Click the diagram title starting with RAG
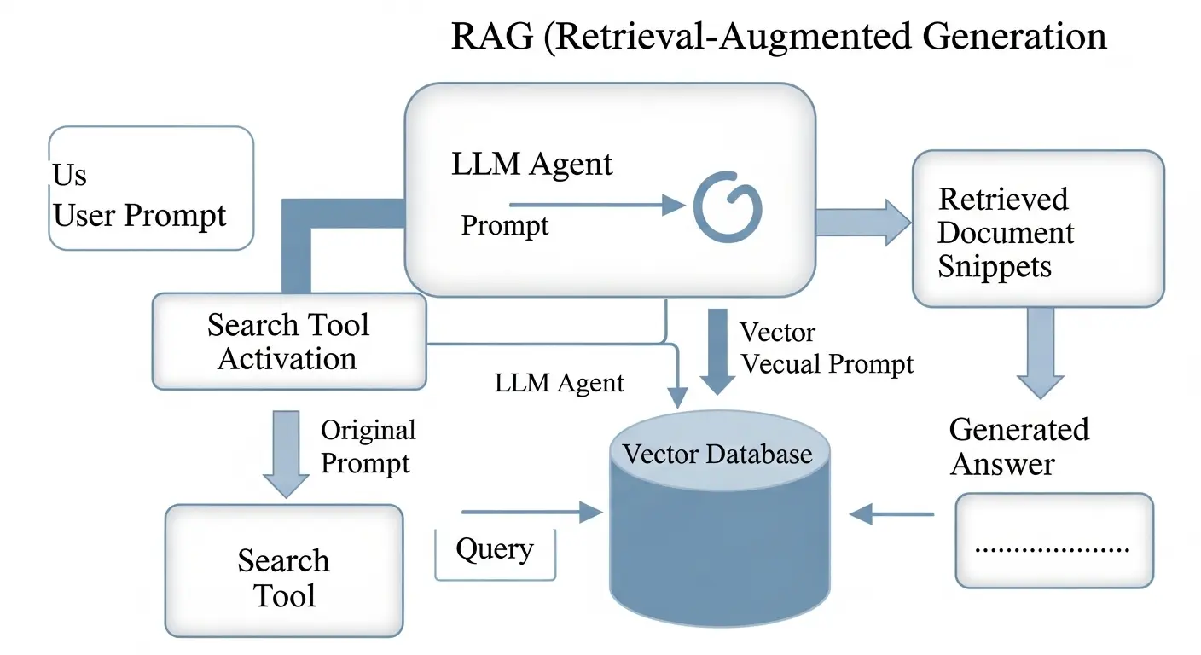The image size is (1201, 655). click(x=778, y=38)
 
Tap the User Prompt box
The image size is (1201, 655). click(x=151, y=188)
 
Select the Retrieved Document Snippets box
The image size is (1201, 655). click(x=1037, y=229)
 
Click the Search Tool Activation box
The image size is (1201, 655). click(x=288, y=341)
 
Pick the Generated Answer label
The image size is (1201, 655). click(x=1018, y=446)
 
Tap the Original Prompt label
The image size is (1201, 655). click(x=368, y=446)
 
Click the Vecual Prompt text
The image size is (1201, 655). click(x=827, y=364)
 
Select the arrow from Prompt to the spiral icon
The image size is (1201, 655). click(x=597, y=206)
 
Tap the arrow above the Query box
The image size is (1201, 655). click(x=531, y=513)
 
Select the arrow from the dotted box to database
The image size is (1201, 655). click(x=892, y=513)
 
